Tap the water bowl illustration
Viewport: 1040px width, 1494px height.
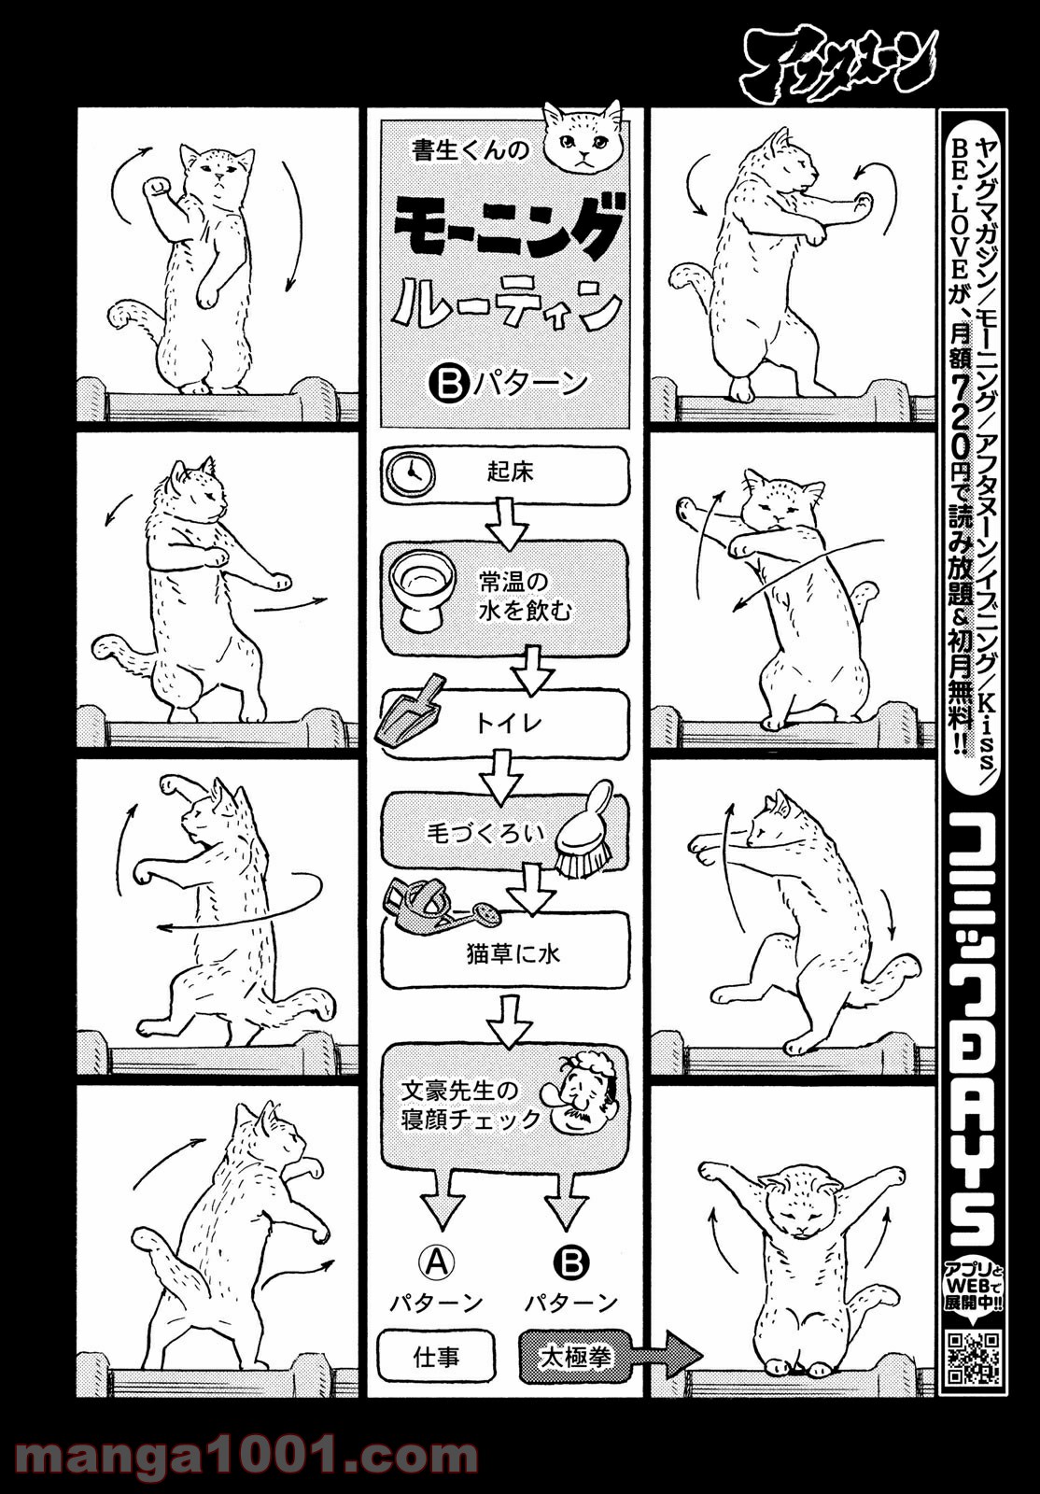click(x=422, y=588)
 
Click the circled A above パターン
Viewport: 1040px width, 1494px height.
click(x=437, y=1262)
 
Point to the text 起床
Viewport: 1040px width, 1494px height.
click(x=510, y=472)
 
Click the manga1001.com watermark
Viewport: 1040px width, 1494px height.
click(x=246, y=1452)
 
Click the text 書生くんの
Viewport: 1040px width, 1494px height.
click(x=471, y=150)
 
